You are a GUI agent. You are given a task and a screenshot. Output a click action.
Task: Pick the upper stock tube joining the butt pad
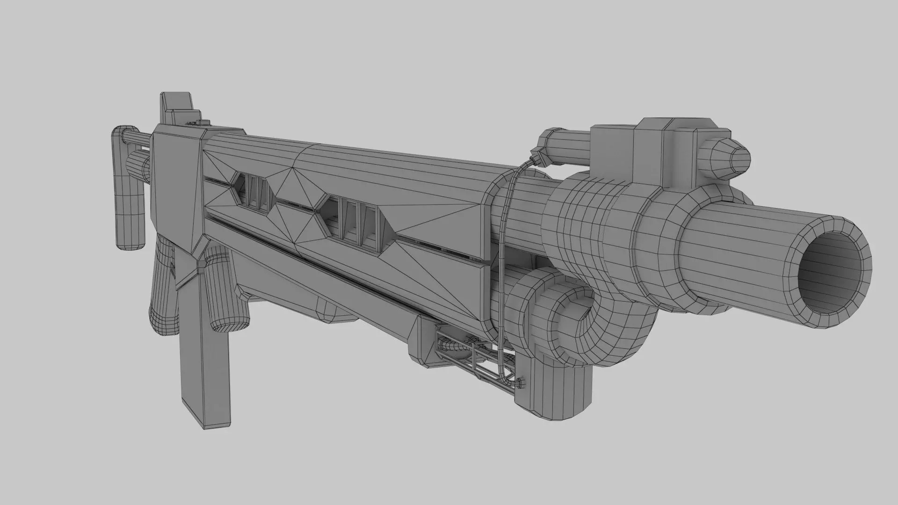click(x=136, y=138)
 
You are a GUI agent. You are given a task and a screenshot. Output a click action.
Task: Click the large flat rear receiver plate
click(x=175, y=187)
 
